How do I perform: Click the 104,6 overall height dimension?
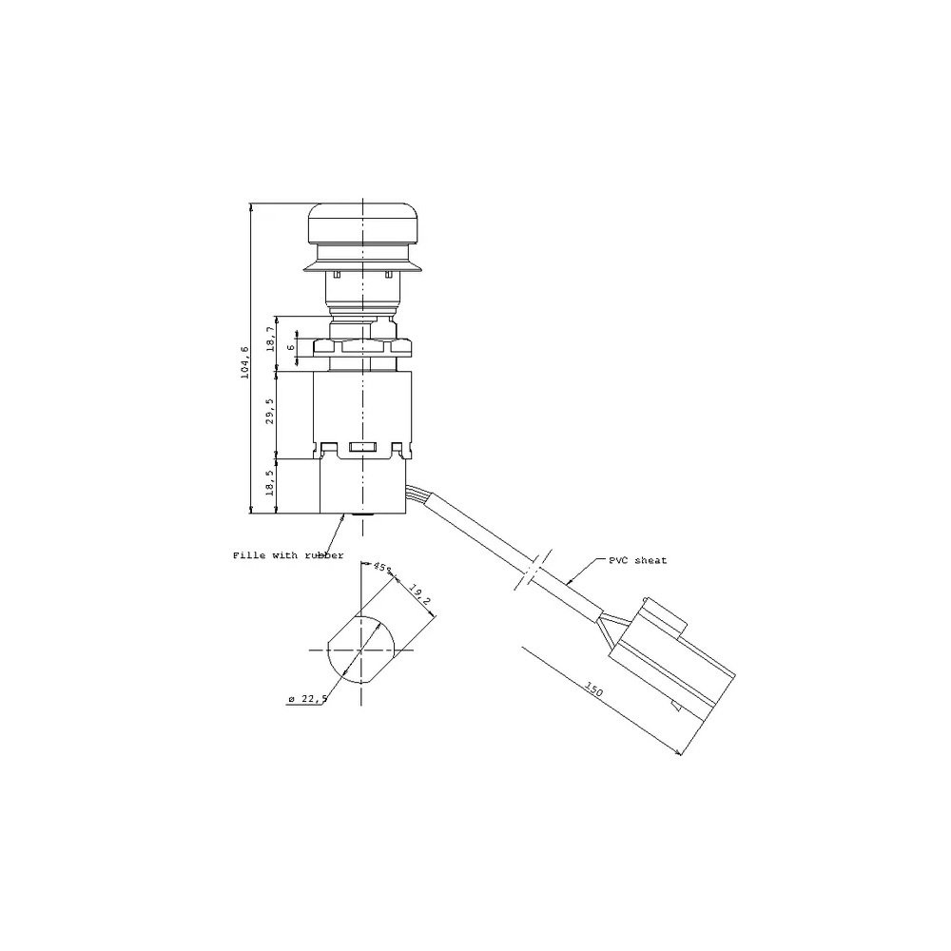[245, 362]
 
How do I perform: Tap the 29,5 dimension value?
[270, 411]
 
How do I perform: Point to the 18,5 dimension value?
[270, 483]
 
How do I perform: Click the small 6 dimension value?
[290, 347]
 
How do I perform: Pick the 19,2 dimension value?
[419, 595]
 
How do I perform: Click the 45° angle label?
[382, 568]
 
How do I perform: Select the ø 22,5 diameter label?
[308, 699]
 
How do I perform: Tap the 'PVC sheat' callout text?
[638, 560]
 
